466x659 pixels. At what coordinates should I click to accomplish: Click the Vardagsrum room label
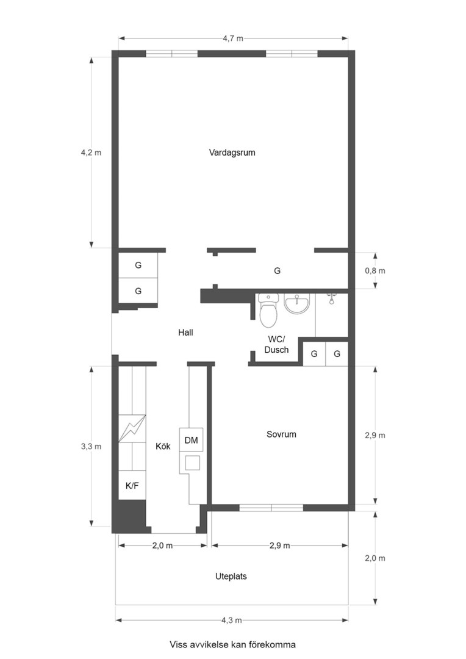232,153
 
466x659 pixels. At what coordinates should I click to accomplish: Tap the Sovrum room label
281,434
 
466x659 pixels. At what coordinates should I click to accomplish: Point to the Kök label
163,447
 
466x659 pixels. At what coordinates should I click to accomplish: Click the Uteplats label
231,576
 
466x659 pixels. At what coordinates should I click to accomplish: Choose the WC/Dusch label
278,345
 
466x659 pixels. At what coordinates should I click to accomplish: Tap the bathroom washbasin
296,303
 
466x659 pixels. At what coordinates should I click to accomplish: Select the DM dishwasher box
191,440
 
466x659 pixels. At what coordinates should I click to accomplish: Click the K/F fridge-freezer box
132,486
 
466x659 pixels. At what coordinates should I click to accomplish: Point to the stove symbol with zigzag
132,428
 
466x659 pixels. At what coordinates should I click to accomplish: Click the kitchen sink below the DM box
192,463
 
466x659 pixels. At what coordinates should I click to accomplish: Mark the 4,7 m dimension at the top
233,38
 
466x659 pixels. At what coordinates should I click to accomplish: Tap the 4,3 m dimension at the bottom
232,621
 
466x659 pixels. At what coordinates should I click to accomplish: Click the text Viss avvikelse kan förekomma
232,644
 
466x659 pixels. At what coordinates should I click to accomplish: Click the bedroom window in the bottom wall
271,508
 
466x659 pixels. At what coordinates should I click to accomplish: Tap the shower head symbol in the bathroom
331,299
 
